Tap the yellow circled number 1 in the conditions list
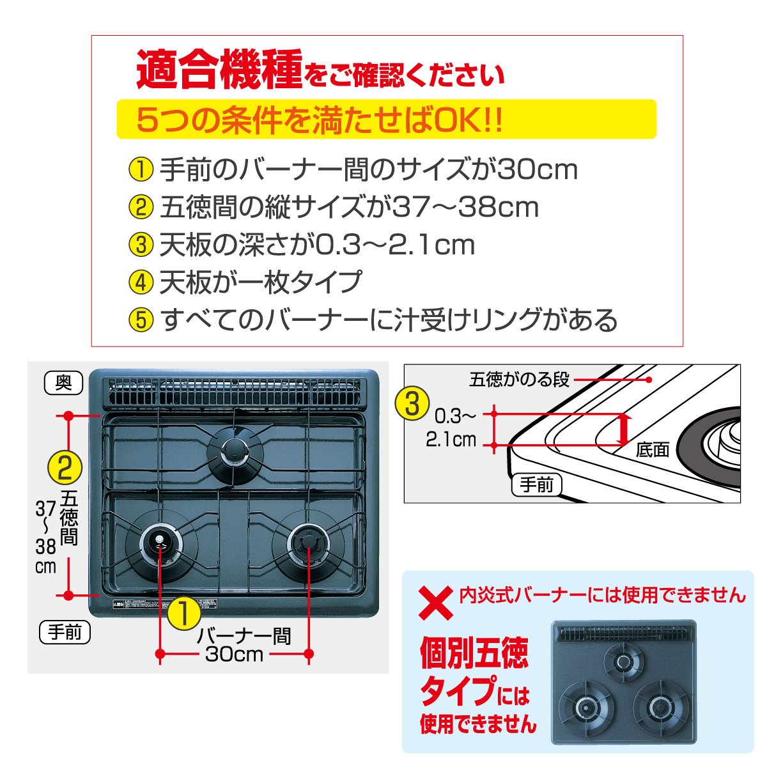pos(140,170)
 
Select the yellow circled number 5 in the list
pos(140,320)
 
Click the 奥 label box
pos(64,383)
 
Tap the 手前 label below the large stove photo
pos(65,632)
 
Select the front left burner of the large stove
pos(158,543)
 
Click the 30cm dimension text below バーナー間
pos(234,654)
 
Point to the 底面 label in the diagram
pos(652,450)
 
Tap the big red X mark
pos(436,602)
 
